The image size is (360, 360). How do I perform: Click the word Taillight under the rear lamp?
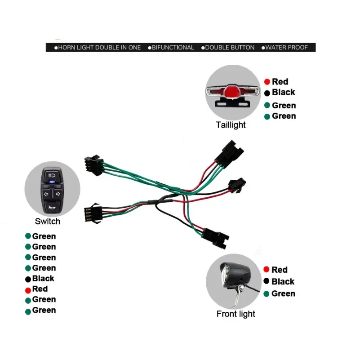point(231,125)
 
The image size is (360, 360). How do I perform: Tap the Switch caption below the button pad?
point(47,221)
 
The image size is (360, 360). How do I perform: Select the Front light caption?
point(236,314)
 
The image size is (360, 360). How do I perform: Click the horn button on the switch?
point(52,205)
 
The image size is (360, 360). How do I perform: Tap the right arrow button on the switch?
point(58,194)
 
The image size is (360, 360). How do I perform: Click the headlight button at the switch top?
point(52,174)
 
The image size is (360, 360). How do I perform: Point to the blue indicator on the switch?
point(52,182)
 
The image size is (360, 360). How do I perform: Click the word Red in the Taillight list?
point(280,82)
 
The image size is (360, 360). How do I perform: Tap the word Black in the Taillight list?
point(284,92)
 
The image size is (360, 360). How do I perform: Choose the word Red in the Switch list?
point(40,289)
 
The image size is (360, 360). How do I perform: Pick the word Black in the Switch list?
point(43,279)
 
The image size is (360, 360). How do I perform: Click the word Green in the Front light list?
point(284,293)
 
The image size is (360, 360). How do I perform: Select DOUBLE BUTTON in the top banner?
point(230,47)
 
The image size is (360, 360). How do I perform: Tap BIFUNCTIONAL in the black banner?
point(173,47)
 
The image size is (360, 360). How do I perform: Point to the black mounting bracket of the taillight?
point(232,103)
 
